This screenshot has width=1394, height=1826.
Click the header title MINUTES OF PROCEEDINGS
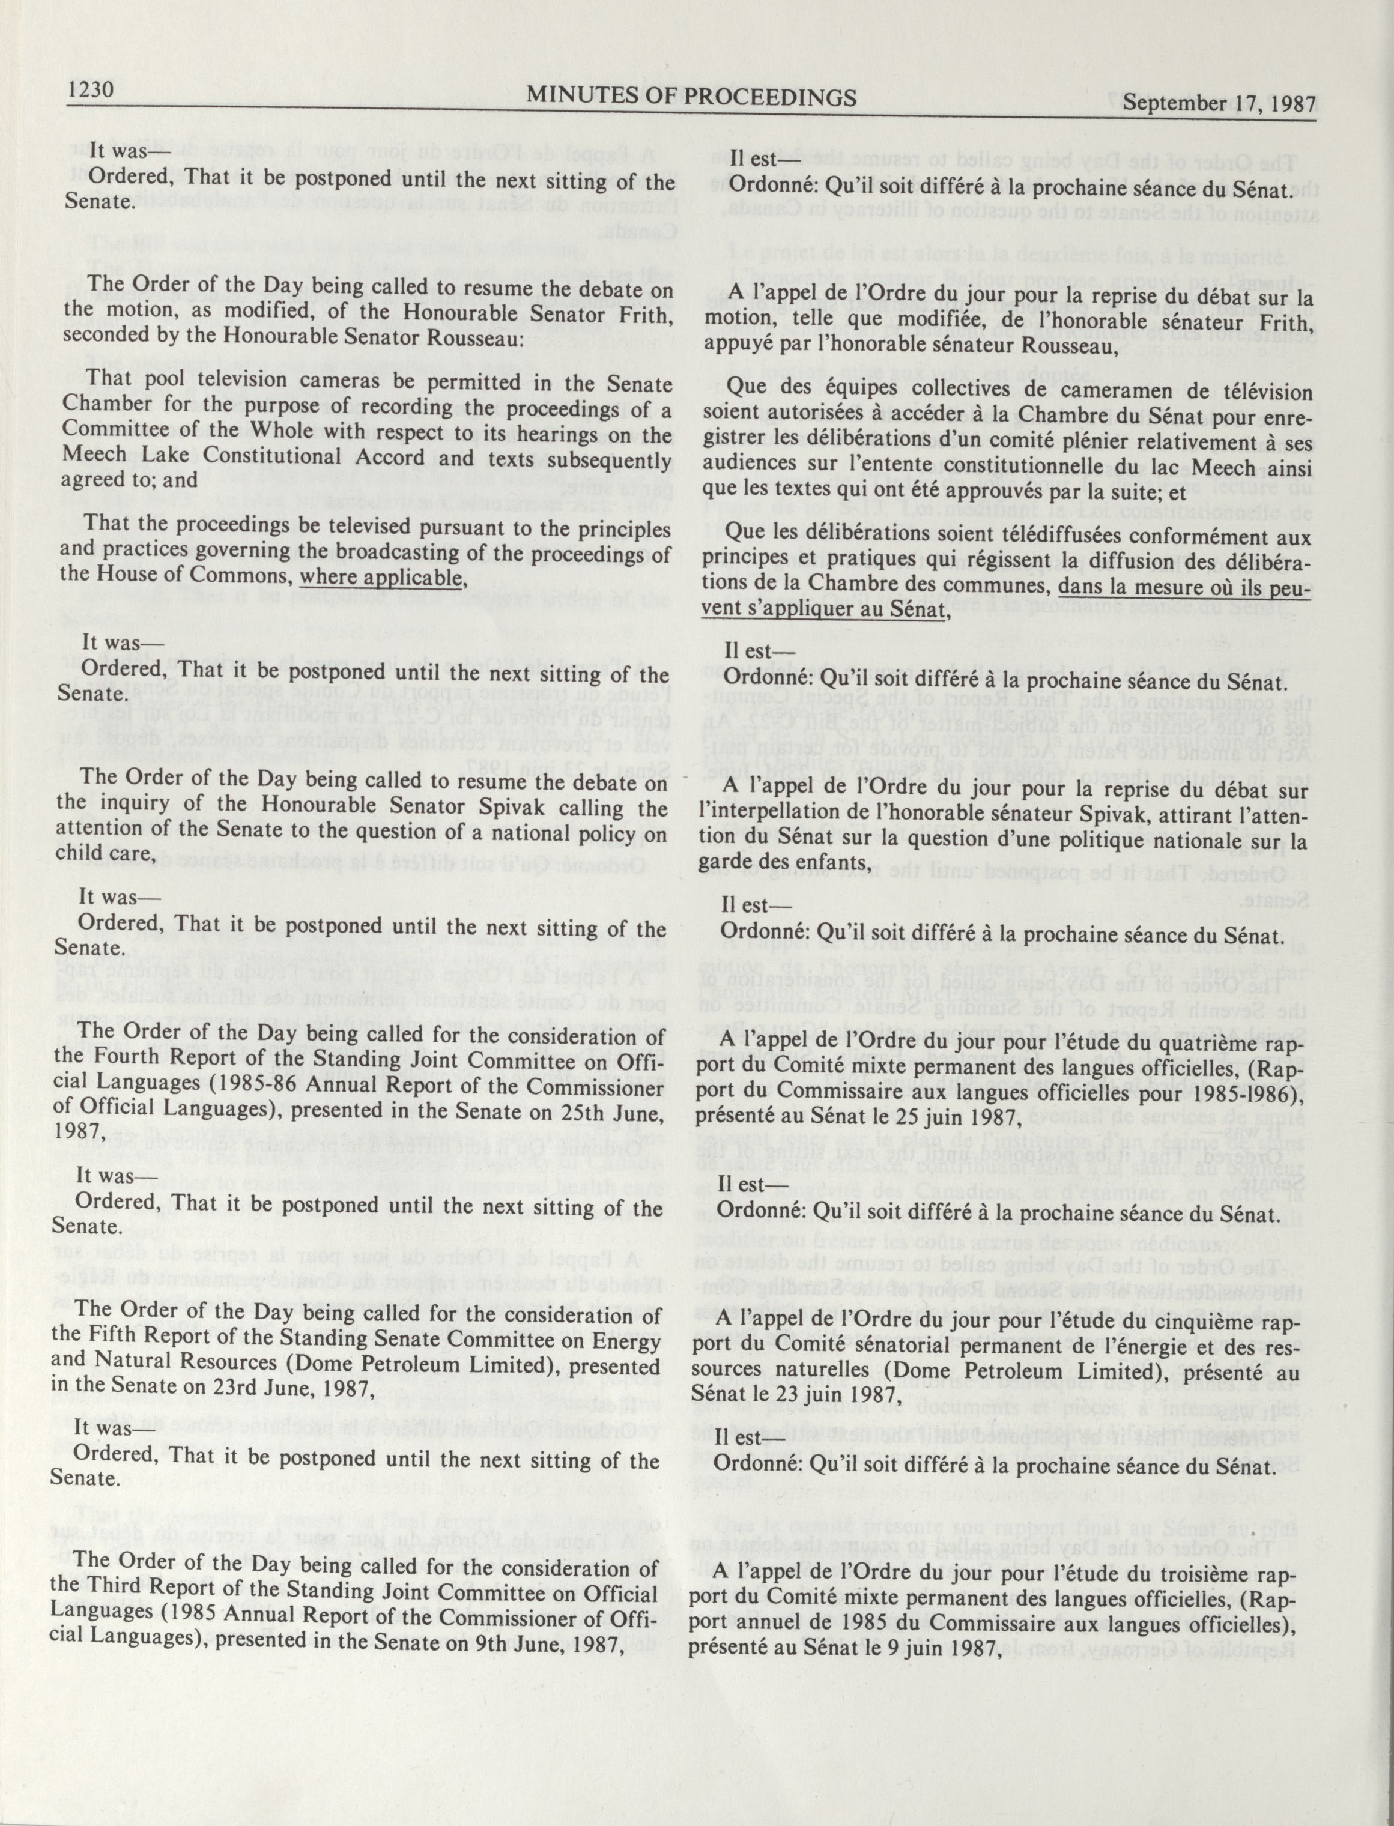tap(691, 98)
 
